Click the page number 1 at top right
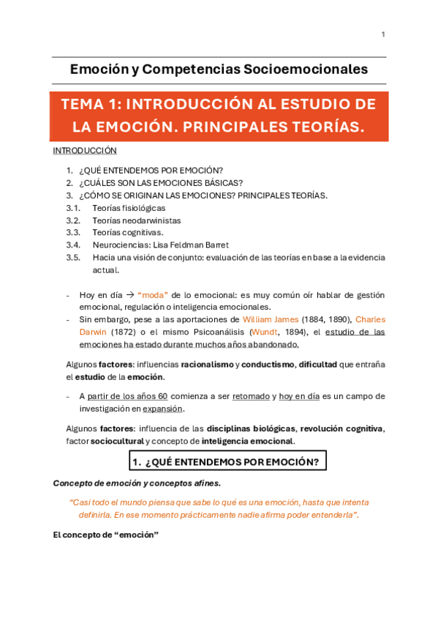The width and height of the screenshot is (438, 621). coord(382,34)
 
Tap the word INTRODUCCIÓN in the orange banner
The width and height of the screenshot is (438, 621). coord(192,104)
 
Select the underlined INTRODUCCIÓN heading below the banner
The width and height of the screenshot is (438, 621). coord(85,151)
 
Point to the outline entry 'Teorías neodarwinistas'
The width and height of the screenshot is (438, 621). coord(137,220)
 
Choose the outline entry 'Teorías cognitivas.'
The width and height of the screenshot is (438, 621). coord(128,232)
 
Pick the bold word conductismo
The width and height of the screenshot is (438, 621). coord(268,364)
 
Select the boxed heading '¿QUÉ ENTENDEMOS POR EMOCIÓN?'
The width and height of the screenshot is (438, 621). coord(227,461)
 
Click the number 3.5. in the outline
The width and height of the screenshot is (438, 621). coord(72,257)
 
